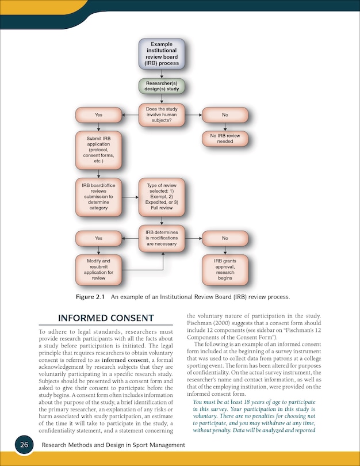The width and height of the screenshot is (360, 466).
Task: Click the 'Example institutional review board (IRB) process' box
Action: click(x=162, y=54)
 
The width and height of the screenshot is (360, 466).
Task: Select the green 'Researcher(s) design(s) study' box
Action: click(x=162, y=86)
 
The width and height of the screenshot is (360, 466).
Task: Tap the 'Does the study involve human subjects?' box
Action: click(x=162, y=115)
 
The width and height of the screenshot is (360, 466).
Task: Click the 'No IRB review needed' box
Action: click(x=225, y=139)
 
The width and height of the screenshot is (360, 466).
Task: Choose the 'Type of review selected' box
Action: click(x=162, y=197)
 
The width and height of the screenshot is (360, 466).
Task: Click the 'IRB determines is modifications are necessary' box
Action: click(x=162, y=238)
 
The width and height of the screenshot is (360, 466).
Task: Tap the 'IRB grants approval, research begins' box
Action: click(x=225, y=270)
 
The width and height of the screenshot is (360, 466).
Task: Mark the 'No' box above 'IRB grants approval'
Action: click(x=225, y=238)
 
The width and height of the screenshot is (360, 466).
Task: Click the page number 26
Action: click(x=24, y=445)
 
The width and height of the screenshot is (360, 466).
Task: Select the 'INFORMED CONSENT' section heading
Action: click(x=106, y=318)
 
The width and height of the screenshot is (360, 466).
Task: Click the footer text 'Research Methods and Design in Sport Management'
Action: click(x=113, y=445)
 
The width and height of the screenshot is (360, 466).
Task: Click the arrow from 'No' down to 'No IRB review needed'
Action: click(x=225, y=127)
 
